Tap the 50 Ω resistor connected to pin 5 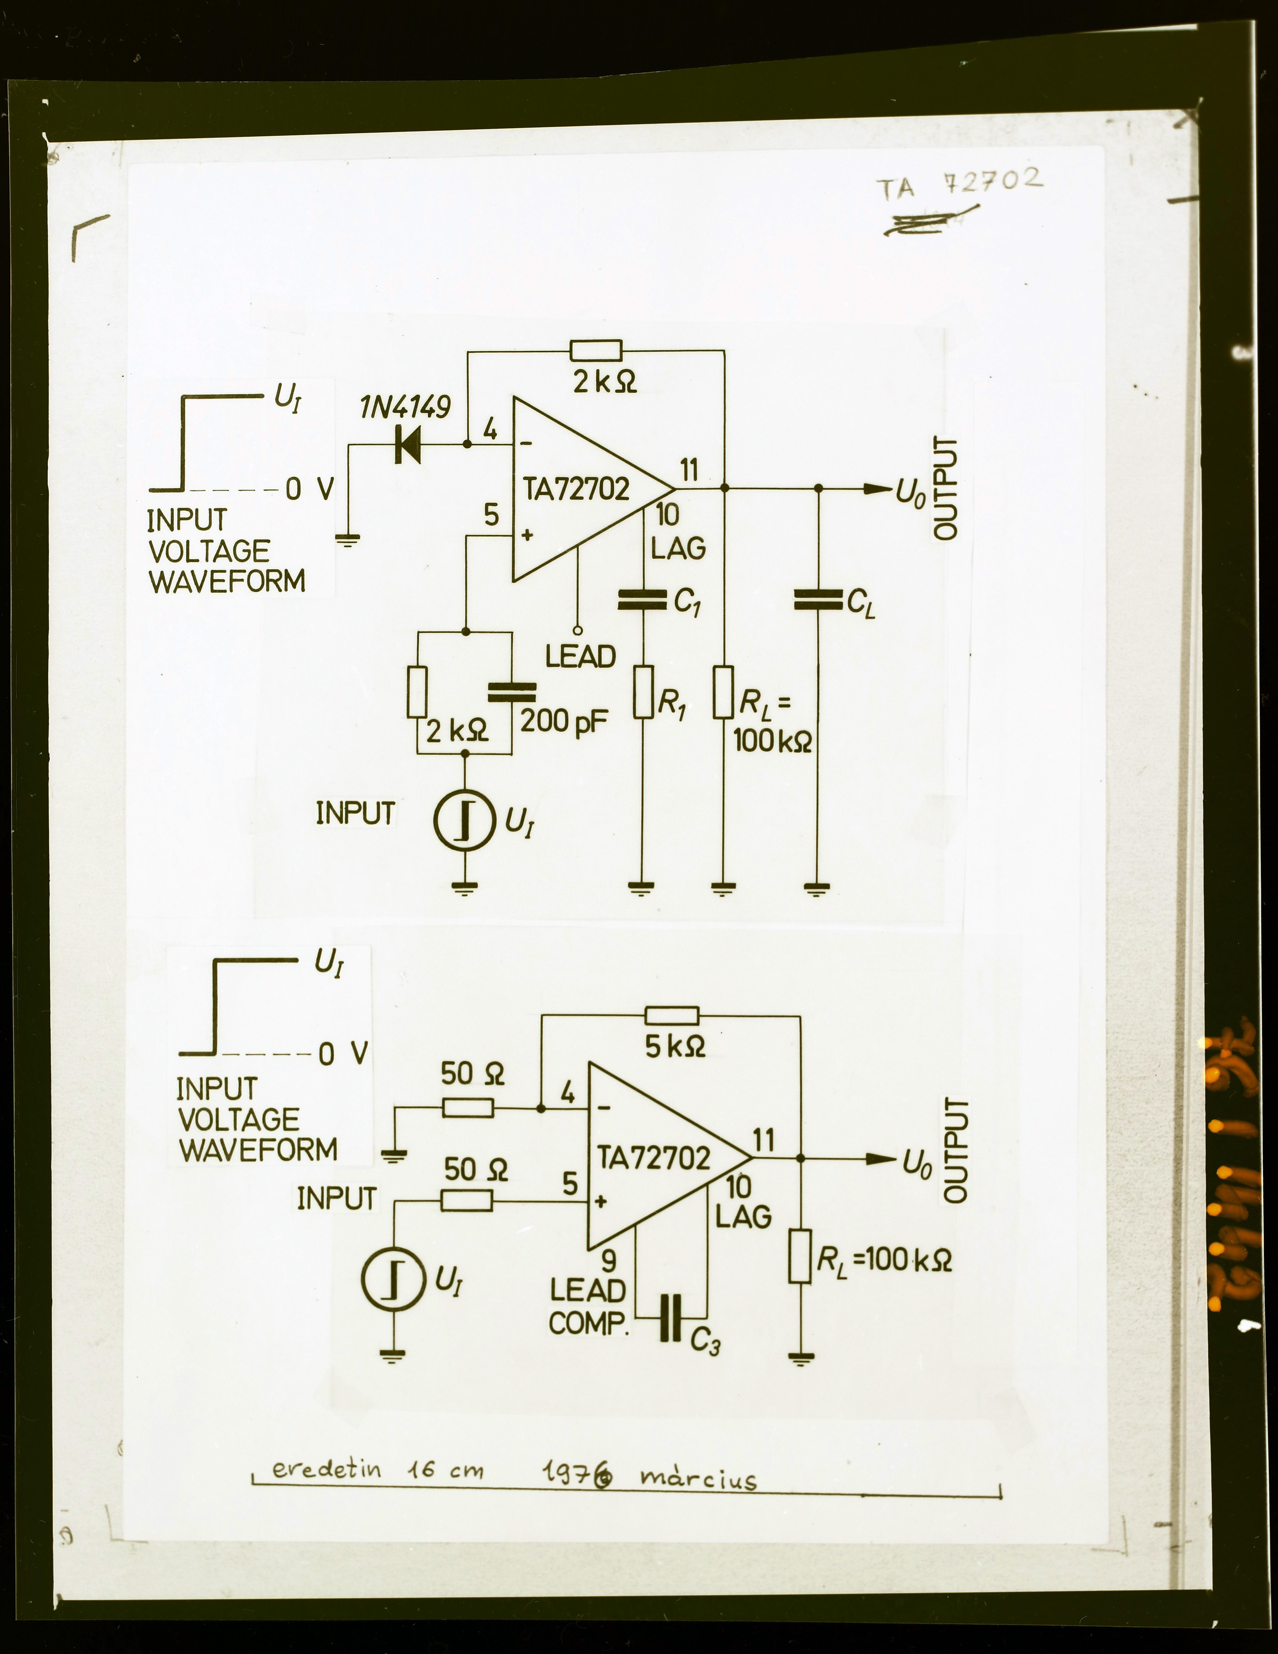tap(467, 1200)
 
